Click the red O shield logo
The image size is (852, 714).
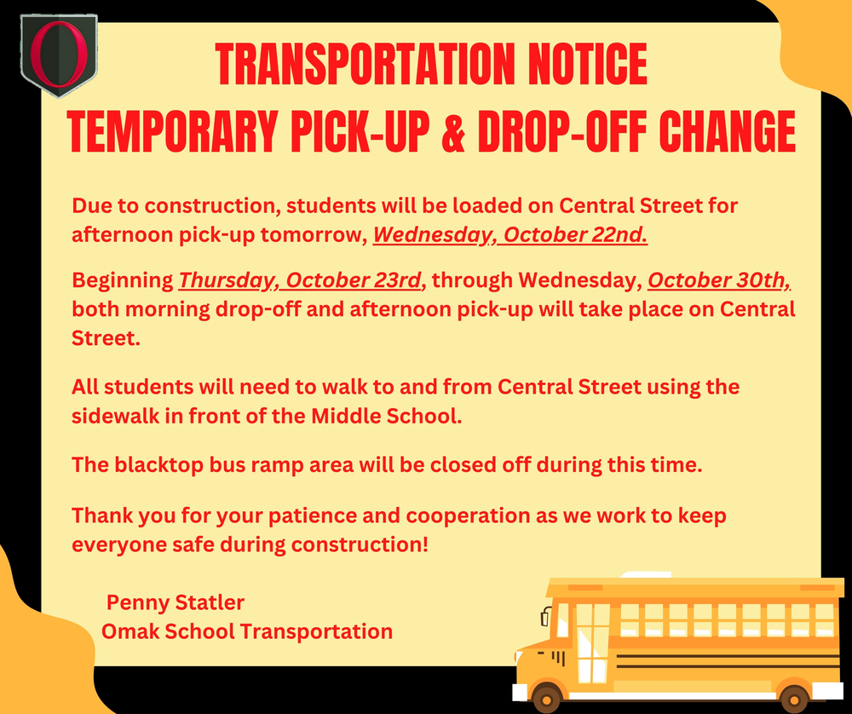[x=58, y=55]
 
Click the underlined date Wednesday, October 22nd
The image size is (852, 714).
[x=510, y=235]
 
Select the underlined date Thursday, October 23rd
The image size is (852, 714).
[x=299, y=280]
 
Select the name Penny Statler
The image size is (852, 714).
[x=176, y=603]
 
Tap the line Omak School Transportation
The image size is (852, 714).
[x=247, y=632]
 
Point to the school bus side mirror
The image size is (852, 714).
[x=545, y=616]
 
